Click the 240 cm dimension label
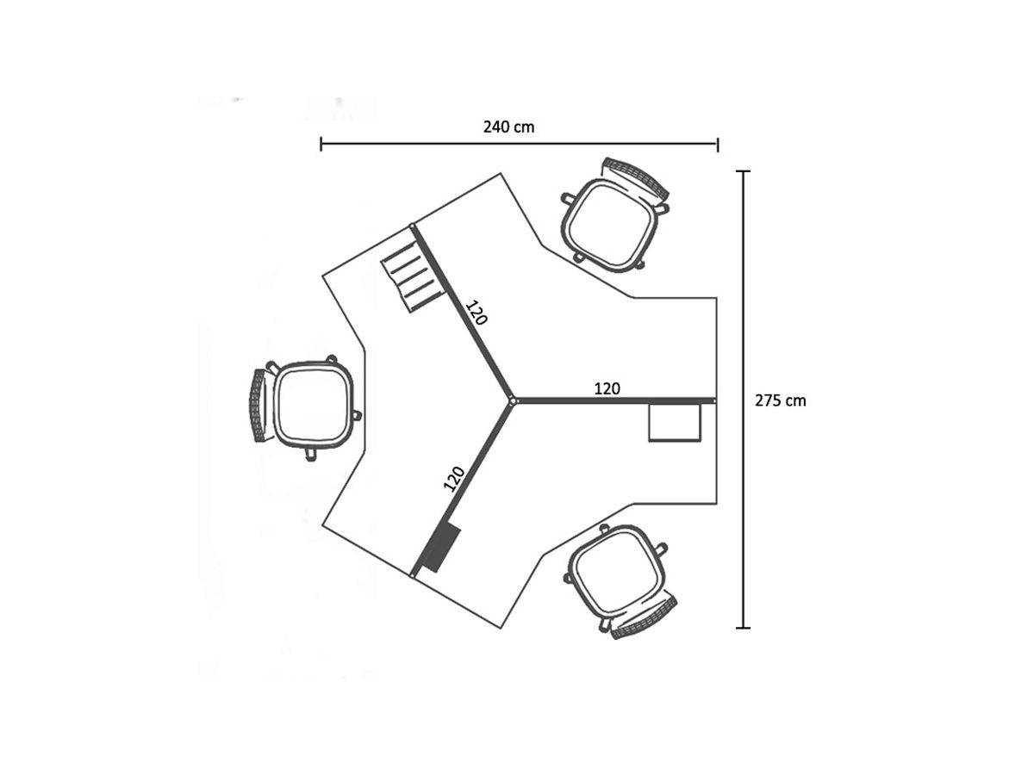pyautogui.click(x=508, y=127)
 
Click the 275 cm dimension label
pyautogui.click(x=781, y=400)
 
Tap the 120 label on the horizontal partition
pyautogui.click(x=607, y=388)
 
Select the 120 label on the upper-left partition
pyautogui.click(x=477, y=312)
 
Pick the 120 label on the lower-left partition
pyautogui.click(x=454, y=478)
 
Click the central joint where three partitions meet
pyautogui.click(x=513, y=400)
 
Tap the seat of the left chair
pyautogui.click(x=314, y=403)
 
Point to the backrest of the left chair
pyautogui.click(x=258, y=405)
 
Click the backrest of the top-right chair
pyautogui.click(x=638, y=174)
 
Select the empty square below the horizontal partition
pyautogui.click(x=675, y=423)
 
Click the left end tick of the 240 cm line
pyautogui.click(x=321, y=144)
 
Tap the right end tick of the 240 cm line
pyautogui.click(x=718, y=144)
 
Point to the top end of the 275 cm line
pyautogui.click(x=744, y=172)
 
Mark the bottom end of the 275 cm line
pyautogui.click(x=744, y=628)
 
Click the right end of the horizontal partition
pyautogui.click(x=714, y=400)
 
